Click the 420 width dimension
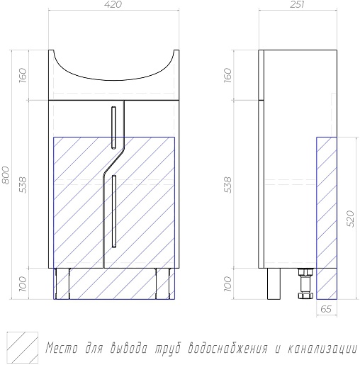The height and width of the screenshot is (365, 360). (113, 4)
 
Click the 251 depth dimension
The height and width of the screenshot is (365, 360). (297, 4)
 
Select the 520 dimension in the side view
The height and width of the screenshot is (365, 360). (351, 218)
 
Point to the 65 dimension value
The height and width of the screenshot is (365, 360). (326, 309)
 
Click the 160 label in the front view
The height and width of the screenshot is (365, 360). (23, 75)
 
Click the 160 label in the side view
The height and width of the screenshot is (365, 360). (228, 75)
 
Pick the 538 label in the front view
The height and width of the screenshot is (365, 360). (23, 184)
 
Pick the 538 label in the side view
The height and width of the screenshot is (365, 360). (228, 184)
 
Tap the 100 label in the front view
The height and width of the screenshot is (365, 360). (23, 284)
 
